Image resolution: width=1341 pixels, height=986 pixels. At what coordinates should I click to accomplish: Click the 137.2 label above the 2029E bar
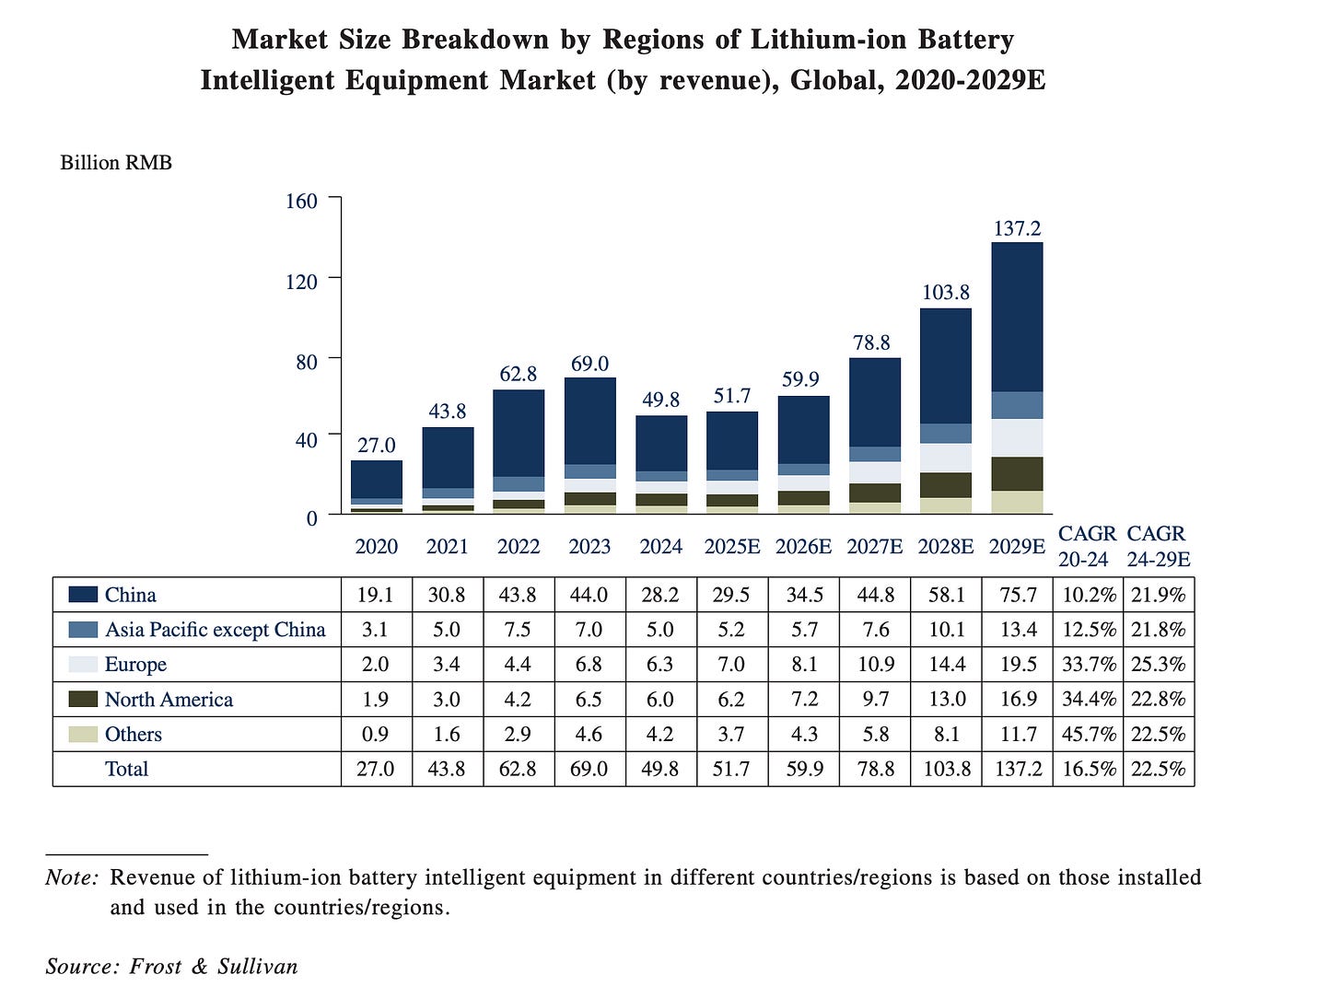click(1017, 228)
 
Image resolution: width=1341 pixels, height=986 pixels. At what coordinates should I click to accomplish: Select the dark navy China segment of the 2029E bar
click(1017, 317)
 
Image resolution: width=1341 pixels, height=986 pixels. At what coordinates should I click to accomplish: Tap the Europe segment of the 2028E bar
click(946, 458)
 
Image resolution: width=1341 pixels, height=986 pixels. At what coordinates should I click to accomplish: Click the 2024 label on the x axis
click(660, 547)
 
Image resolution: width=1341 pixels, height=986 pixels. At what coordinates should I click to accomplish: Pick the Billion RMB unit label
click(116, 163)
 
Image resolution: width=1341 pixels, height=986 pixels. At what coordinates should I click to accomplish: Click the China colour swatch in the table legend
click(83, 595)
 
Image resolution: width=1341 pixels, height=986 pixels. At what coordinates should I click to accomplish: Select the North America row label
click(169, 700)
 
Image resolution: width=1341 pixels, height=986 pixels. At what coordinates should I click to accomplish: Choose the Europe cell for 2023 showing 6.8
click(589, 665)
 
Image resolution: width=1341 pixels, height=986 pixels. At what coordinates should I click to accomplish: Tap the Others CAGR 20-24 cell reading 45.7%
click(1088, 735)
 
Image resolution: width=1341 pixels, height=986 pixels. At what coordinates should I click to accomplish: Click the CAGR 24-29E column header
click(1158, 546)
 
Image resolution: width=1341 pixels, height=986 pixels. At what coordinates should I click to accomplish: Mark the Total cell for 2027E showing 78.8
click(875, 769)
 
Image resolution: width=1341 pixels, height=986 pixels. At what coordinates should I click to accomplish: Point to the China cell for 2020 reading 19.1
click(376, 595)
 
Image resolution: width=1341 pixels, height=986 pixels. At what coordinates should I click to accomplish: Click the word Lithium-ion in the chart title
click(820, 41)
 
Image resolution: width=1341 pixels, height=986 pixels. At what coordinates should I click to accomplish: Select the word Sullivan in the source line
click(258, 966)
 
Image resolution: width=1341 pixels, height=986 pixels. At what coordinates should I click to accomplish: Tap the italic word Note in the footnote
click(70, 877)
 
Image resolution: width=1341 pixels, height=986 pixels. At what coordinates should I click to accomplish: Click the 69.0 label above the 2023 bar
click(589, 365)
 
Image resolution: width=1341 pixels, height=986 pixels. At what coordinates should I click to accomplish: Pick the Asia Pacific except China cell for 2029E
click(1018, 630)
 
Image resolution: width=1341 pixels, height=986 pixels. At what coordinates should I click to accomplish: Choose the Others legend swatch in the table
click(83, 735)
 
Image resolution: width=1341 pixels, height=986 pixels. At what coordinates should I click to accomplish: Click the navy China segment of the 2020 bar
click(376, 479)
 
